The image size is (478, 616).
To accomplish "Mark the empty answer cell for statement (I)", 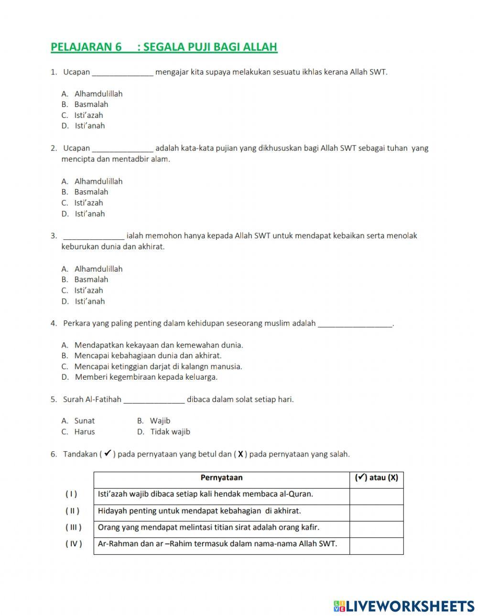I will point(376,495).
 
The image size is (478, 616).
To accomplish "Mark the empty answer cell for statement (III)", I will point(376,528).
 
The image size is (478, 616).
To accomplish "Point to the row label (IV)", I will point(74,544).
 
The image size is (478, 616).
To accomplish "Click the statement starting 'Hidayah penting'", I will point(199,511).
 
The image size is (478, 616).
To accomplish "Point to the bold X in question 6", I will point(240,454).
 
